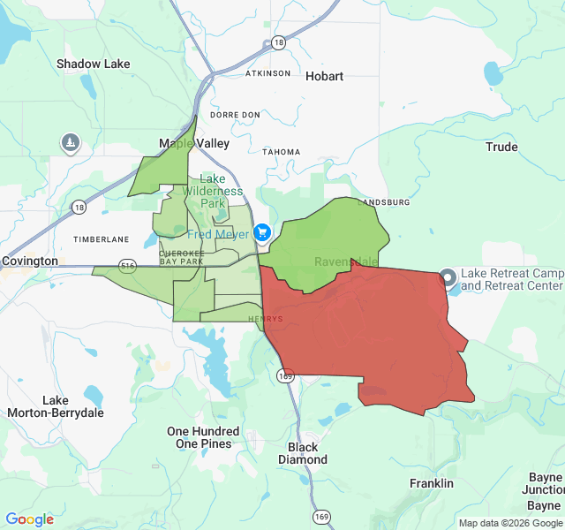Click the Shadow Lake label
pyautogui.click(x=93, y=64)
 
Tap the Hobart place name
pyautogui.click(x=324, y=76)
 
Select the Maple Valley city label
pyautogui.click(x=194, y=143)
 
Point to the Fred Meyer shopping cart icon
pyautogui.click(x=262, y=232)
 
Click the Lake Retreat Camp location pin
pyautogui.click(x=448, y=277)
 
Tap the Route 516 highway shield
pyautogui.click(x=129, y=265)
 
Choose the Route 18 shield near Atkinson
pyautogui.click(x=279, y=42)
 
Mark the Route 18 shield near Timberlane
pyautogui.click(x=79, y=207)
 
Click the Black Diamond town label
pyautogui.click(x=303, y=453)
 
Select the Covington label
pyautogui.click(x=29, y=261)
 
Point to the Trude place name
pyautogui.click(x=501, y=147)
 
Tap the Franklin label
pyautogui.click(x=432, y=483)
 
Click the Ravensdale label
pyautogui.click(x=346, y=262)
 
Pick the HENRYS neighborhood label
pyautogui.click(x=266, y=319)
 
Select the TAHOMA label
pyautogui.click(x=282, y=152)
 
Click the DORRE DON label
pyautogui.click(x=235, y=115)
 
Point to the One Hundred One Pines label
pyautogui.click(x=203, y=437)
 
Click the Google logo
pyautogui.click(x=29, y=519)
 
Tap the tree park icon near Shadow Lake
pyautogui.click(x=71, y=142)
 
